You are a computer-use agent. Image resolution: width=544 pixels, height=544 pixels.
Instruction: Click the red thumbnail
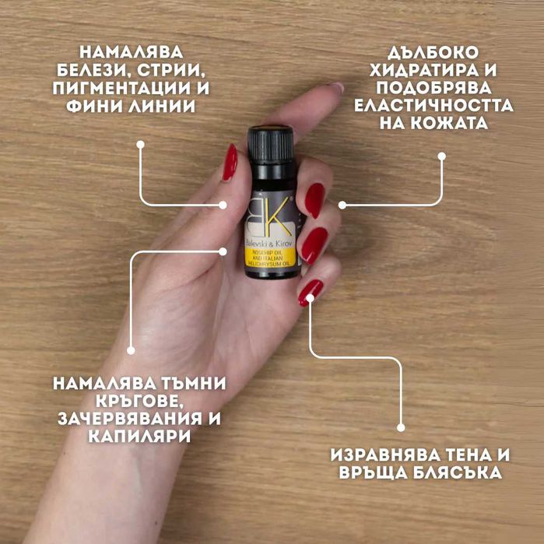pyautogui.click(x=230, y=162)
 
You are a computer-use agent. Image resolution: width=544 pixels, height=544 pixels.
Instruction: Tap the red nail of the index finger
pyautogui.click(x=314, y=200)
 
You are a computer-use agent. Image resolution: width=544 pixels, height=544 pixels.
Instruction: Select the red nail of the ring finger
pyautogui.click(x=311, y=292)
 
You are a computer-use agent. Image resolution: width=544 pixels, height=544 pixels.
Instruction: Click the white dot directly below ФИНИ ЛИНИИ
pyautogui.click(x=141, y=144)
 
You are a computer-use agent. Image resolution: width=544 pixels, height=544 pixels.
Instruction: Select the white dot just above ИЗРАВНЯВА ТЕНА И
pyautogui.click(x=401, y=426)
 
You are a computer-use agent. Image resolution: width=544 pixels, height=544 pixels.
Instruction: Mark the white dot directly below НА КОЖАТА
pyautogui.click(x=441, y=156)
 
